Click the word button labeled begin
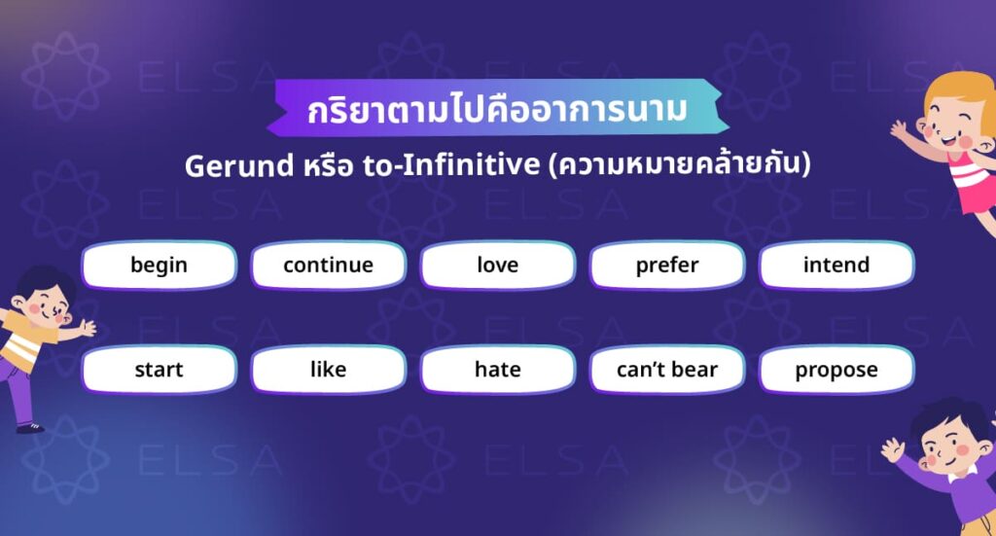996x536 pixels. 159,266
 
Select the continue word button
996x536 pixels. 328,266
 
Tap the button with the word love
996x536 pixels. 497,266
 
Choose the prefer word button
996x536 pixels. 667,266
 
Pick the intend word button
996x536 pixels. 836,266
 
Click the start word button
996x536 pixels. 159,370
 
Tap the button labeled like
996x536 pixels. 328,370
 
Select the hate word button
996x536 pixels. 497,370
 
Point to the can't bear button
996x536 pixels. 667,370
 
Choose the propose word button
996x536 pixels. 836,370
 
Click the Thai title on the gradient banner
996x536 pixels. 497,109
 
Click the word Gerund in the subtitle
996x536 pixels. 232,166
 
